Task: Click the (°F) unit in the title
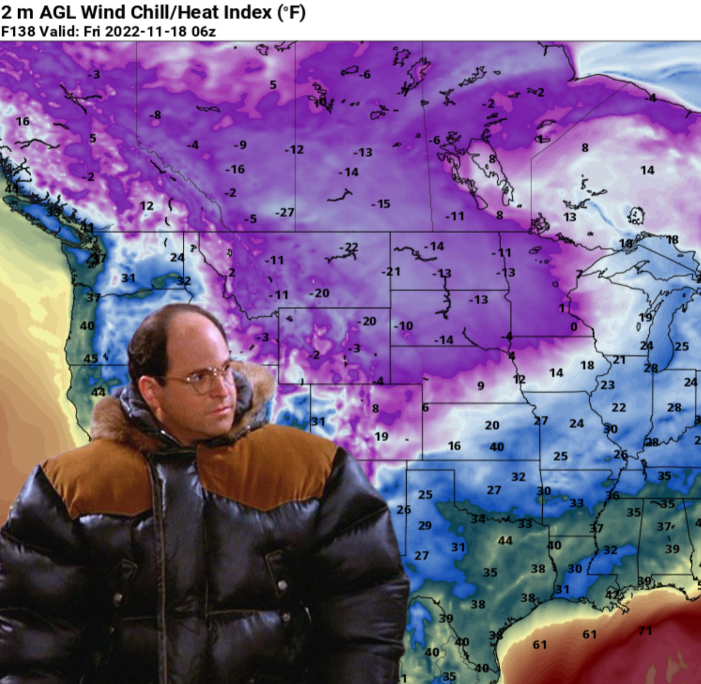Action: (x=291, y=12)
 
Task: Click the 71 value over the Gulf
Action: (x=645, y=631)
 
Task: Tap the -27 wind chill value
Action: (x=285, y=213)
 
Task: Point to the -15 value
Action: (x=380, y=204)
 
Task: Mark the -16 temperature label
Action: (x=235, y=170)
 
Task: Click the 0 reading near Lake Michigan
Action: (x=574, y=327)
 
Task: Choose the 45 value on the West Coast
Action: (x=90, y=359)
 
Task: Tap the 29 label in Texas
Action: (x=425, y=526)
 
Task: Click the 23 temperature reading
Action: (x=608, y=385)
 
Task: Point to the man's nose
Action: (x=222, y=390)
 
